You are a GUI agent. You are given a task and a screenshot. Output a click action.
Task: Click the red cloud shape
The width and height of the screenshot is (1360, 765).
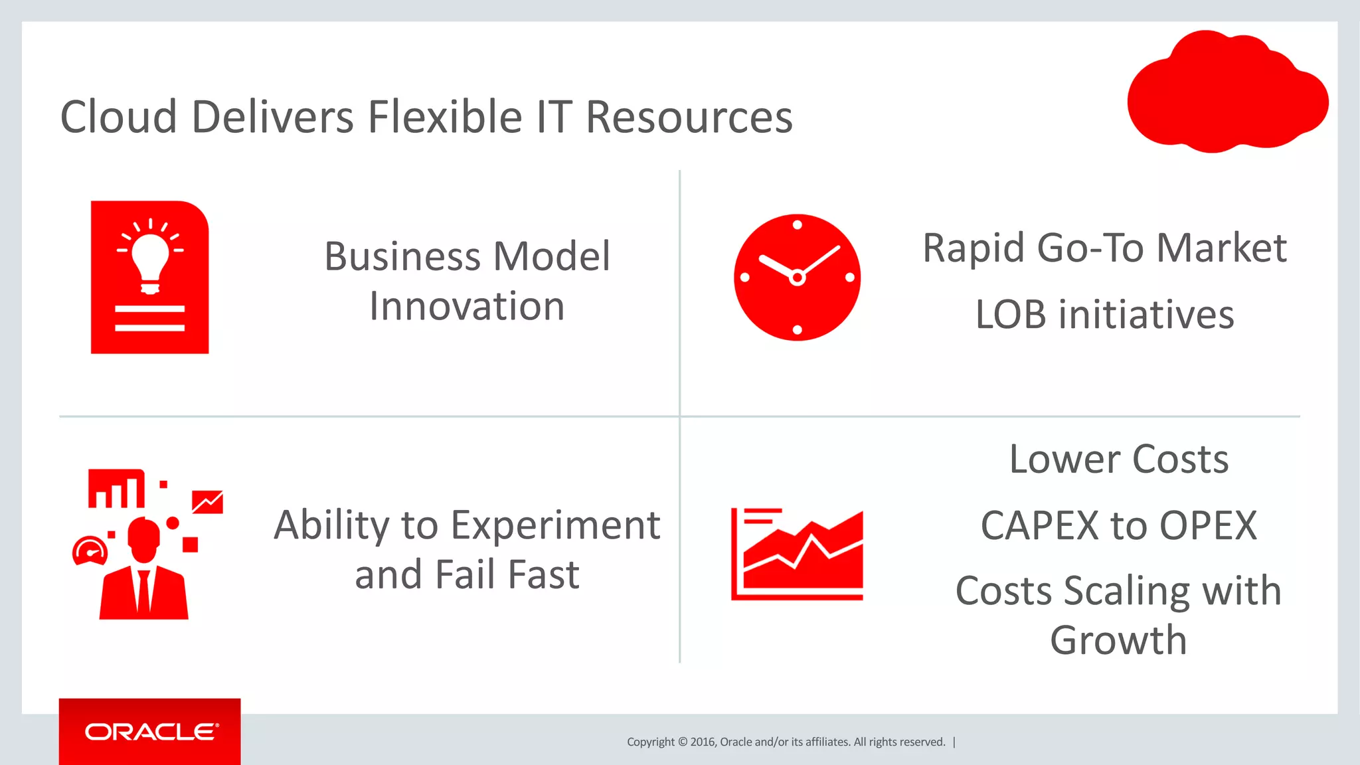pyautogui.click(x=1227, y=93)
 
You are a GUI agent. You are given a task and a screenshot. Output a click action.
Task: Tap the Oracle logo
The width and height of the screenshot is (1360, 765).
pyautogui.click(x=151, y=732)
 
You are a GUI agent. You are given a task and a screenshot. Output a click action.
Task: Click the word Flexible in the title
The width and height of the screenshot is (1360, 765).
pyautogui.click(x=445, y=117)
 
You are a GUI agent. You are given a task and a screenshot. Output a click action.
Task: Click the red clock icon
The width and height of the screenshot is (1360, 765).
pyautogui.click(x=797, y=278)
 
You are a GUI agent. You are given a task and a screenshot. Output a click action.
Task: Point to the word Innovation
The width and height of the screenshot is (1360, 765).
pyautogui.click(x=467, y=307)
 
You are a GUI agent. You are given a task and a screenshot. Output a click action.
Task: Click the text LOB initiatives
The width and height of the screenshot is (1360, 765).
pyautogui.click(x=1104, y=315)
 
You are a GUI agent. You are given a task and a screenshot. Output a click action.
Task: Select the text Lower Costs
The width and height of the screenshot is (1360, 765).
pyautogui.click(x=1119, y=459)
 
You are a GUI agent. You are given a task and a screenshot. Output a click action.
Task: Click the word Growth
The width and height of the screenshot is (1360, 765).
pyautogui.click(x=1118, y=640)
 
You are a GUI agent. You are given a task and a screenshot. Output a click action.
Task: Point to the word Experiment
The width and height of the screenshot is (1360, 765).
pyautogui.click(x=555, y=525)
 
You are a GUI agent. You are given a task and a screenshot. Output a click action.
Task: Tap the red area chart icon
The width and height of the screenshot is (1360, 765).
pyautogui.click(x=797, y=554)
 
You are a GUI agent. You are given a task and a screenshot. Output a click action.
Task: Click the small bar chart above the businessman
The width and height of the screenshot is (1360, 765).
pyautogui.click(x=116, y=489)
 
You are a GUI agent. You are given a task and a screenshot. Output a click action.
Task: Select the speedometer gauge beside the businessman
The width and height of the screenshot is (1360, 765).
pyautogui.click(x=90, y=551)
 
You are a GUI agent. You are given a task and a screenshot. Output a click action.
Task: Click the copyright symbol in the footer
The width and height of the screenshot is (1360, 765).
pyautogui.click(x=682, y=742)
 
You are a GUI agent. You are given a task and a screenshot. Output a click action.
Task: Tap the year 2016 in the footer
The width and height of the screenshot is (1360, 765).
pyautogui.click(x=703, y=742)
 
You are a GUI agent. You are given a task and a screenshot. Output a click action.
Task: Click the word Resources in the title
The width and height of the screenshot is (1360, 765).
pyautogui.click(x=689, y=117)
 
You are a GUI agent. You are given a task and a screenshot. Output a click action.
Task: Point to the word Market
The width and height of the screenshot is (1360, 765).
pyautogui.click(x=1221, y=248)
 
